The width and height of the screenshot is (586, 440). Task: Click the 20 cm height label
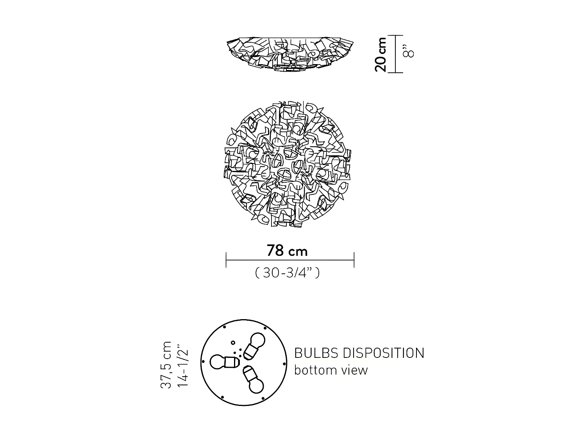click(x=381, y=54)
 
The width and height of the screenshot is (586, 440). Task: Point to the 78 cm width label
click(x=287, y=251)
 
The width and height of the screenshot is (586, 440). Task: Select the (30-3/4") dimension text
click(x=287, y=273)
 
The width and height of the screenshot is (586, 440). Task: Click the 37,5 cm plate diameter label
click(x=166, y=365)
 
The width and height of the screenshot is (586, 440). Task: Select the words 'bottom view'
click(x=331, y=370)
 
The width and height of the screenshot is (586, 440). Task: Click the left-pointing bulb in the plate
click(x=225, y=362)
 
